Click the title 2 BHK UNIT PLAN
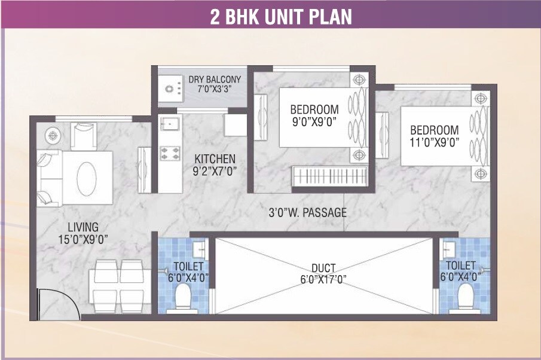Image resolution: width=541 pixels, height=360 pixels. [x=280, y=16]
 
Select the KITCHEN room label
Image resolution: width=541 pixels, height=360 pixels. [x=215, y=159]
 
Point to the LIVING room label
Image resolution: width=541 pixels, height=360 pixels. [x=82, y=227]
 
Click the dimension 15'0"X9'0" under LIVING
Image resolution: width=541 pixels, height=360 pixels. [x=82, y=240]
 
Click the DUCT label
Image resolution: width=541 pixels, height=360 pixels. [x=323, y=267]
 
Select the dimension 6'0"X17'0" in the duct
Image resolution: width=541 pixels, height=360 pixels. [x=323, y=279]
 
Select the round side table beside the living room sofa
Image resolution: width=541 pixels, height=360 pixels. [x=53, y=136]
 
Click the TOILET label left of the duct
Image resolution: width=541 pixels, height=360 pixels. [x=188, y=266]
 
